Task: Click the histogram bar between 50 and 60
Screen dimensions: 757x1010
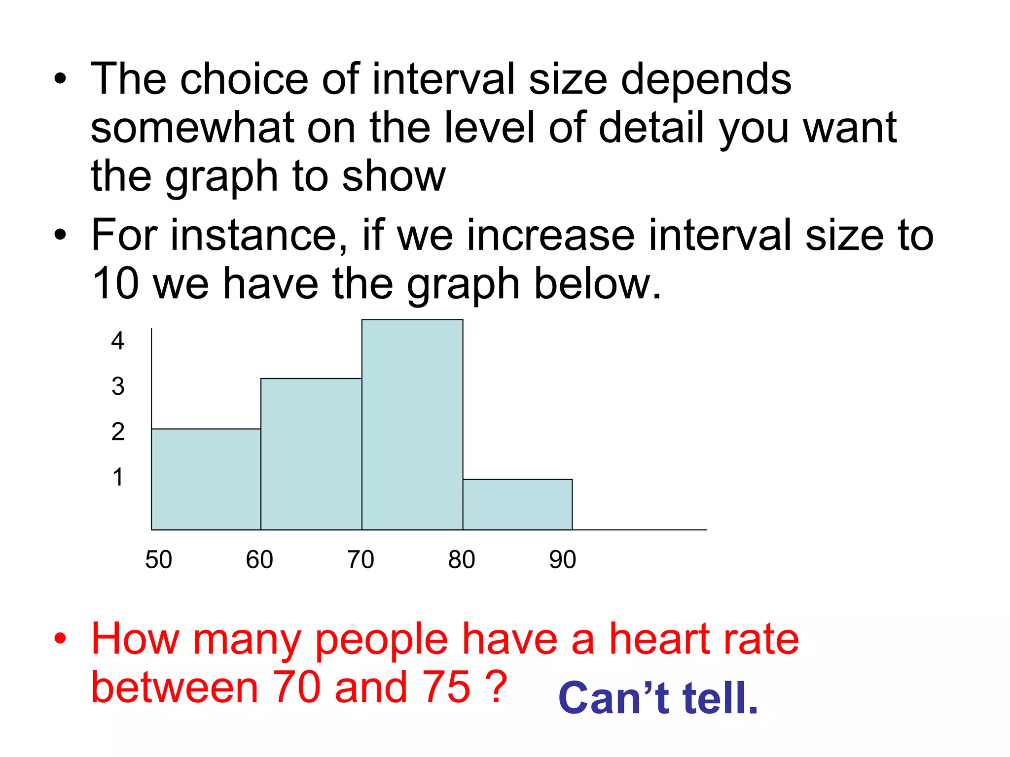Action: pos(206,479)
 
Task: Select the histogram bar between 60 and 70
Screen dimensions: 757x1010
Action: pos(311,454)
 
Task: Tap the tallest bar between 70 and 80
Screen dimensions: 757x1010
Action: pos(412,425)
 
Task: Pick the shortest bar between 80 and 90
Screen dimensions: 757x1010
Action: pos(517,504)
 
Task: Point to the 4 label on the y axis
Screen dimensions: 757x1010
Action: pos(117,341)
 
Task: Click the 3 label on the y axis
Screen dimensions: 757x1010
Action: pos(118,386)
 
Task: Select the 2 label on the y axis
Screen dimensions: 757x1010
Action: pos(118,432)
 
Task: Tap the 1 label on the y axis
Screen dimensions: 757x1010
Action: pos(117,477)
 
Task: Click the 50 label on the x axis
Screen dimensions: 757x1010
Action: pos(158,559)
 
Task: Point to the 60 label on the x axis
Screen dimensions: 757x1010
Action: pos(259,559)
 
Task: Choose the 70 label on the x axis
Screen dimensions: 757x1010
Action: pos(361,559)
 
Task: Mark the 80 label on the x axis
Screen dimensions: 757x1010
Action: pos(462,559)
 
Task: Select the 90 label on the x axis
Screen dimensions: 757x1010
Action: pos(563,559)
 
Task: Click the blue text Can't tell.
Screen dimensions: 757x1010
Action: pos(658,698)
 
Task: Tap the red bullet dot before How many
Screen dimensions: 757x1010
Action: pos(60,639)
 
